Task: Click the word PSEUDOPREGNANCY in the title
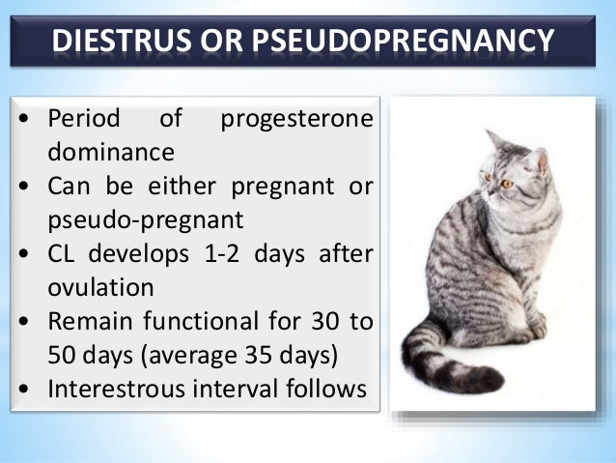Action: point(410,43)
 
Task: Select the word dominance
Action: point(111,152)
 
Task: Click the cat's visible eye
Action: point(507,183)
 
